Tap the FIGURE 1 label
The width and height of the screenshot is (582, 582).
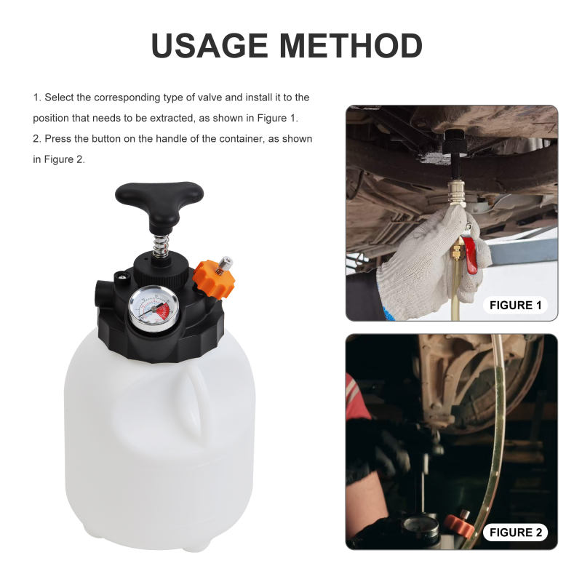pyautogui.click(x=515, y=305)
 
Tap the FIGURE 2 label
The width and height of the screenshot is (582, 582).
pyautogui.click(x=515, y=533)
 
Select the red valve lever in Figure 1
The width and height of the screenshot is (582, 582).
pyautogui.click(x=472, y=255)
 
